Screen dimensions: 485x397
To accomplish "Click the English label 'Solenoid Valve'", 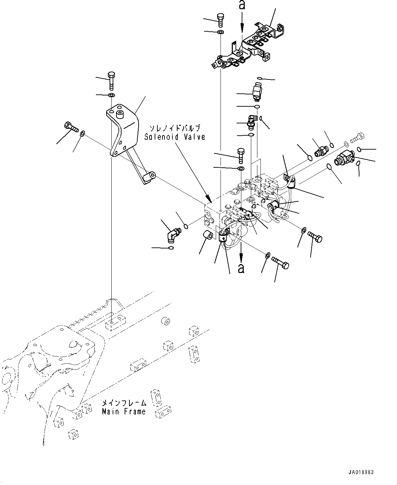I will (x=174, y=137).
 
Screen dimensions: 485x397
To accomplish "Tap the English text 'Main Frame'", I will (x=124, y=412).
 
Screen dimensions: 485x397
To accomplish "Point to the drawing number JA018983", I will (x=361, y=472).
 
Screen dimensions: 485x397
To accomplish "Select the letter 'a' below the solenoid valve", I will (x=241, y=268).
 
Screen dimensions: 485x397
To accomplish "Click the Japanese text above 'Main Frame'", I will (x=124, y=403).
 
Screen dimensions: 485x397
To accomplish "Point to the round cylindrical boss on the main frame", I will (x=166, y=321).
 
